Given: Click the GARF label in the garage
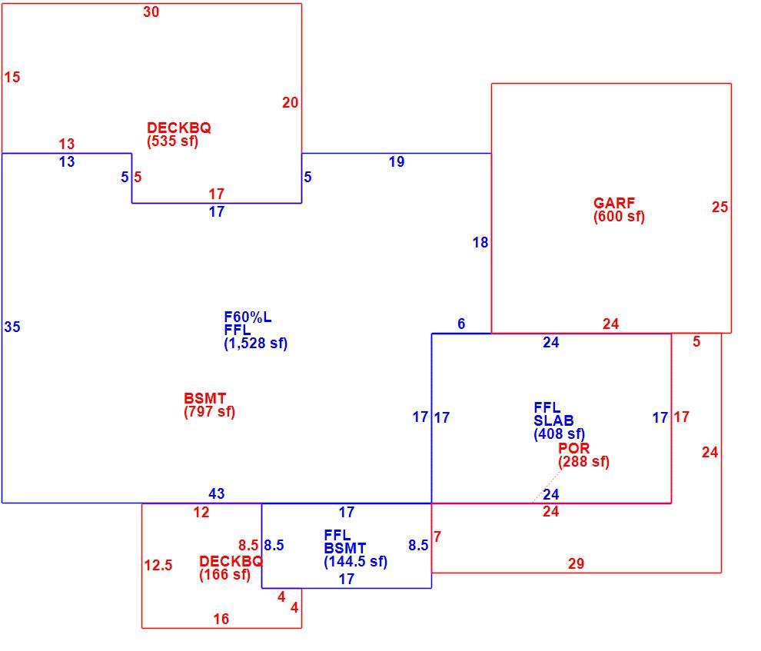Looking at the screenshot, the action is click(x=614, y=203).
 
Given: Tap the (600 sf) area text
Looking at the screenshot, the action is click(x=619, y=216).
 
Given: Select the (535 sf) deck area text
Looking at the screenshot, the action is click(x=172, y=141).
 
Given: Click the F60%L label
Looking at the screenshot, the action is click(x=248, y=317).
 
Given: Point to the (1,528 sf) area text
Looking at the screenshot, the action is click(x=256, y=344).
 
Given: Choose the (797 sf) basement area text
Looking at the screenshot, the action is click(x=209, y=412).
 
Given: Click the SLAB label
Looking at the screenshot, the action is click(x=553, y=420).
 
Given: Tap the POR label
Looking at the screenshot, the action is click(x=573, y=448).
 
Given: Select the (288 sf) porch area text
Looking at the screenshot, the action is click(x=583, y=461).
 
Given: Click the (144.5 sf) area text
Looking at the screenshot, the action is click(x=355, y=562).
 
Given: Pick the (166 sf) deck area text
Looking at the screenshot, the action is click(x=224, y=575).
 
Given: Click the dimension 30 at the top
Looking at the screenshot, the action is click(x=151, y=12).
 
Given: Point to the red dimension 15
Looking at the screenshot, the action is click(x=12, y=77).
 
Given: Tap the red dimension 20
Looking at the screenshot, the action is click(x=291, y=103).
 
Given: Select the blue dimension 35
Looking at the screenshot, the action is click(x=12, y=327).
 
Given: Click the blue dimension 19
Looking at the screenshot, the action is click(x=397, y=162).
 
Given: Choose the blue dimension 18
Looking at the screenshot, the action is click(x=480, y=243).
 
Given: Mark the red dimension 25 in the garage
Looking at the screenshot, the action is click(x=719, y=208).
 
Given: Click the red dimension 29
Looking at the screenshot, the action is click(x=576, y=563).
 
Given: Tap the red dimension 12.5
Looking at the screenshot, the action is click(x=158, y=565).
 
